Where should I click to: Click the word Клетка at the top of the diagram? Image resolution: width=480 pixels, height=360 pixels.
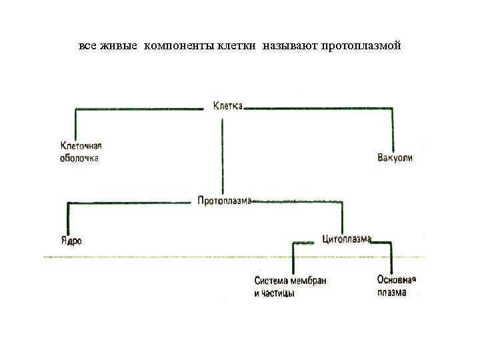(x=227, y=105)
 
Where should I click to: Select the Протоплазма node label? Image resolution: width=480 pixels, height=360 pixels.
(x=224, y=201)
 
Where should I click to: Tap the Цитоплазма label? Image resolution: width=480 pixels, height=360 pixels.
(x=346, y=239)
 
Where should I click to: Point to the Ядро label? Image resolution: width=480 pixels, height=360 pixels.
(x=71, y=241)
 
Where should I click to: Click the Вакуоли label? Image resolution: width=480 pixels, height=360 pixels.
(x=395, y=158)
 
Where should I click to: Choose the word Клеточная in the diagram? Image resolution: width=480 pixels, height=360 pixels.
(x=81, y=147)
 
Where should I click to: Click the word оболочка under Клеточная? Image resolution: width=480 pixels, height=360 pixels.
(x=79, y=158)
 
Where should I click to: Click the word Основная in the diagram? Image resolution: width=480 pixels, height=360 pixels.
(x=396, y=279)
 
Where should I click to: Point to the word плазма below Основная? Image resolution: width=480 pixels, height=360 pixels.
(x=391, y=292)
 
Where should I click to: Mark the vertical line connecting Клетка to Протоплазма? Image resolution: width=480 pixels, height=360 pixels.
(x=223, y=153)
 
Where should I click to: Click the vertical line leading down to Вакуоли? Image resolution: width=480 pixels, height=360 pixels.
(x=394, y=130)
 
